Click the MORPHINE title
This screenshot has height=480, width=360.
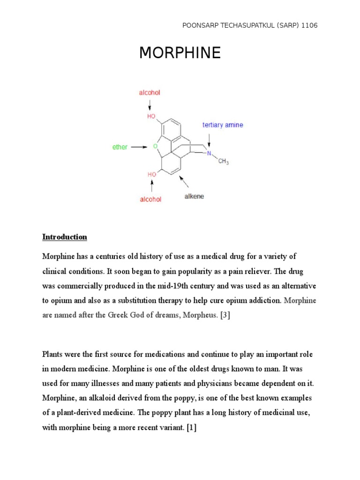[180, 53]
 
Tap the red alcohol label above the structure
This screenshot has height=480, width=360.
[150, 93]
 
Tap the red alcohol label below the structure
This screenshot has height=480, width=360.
[150, 199]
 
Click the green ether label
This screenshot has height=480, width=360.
[120, 147]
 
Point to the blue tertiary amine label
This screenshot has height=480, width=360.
[223, 125]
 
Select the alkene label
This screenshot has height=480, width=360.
[194, 196]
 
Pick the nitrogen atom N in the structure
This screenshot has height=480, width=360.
[209, 153]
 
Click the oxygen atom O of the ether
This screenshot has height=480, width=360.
[155, 146]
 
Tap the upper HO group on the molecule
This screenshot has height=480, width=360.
[151, 116]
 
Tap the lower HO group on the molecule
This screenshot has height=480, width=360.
[152, 174]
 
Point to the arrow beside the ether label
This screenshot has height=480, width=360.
[139, 147]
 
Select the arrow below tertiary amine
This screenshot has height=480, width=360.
[209, 139]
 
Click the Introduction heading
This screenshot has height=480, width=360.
[65, 237]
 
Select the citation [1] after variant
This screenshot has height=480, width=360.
[191, 427]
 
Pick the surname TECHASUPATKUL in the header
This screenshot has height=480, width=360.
[242, 25]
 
